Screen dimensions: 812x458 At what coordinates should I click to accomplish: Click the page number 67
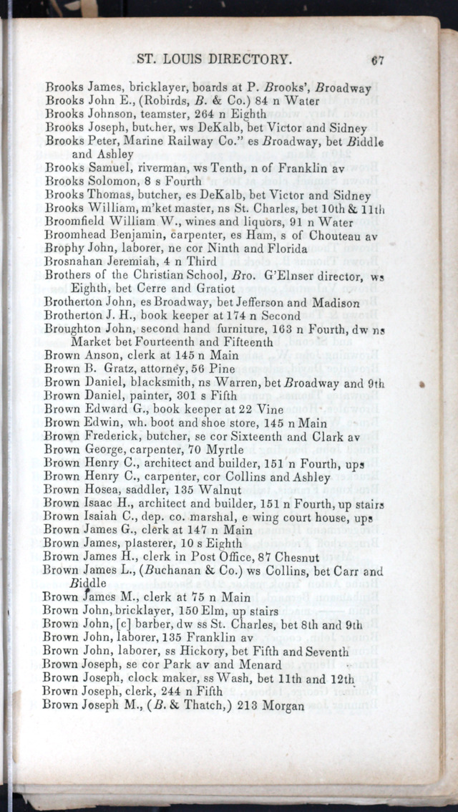coord(378,61)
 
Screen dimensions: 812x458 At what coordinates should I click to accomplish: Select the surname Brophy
coord(64,248)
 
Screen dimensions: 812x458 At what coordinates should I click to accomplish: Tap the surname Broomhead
coord(74,235)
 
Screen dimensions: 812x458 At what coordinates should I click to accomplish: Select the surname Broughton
coord(74,329)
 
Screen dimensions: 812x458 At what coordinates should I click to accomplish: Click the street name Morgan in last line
coord(283,705)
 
